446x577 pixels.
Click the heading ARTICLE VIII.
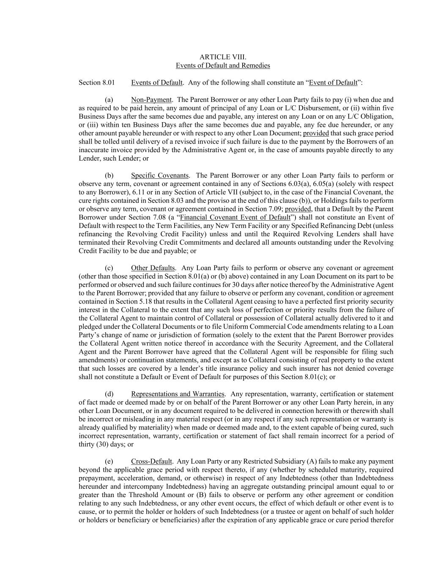[223, 57]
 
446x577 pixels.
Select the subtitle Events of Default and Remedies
[223, 66]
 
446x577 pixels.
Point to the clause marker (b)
[109, 175]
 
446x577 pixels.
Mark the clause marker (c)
[109, 268]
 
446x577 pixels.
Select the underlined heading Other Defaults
[153, 268]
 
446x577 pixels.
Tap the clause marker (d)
[109, 394]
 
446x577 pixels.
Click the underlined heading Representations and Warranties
[178, 394]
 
